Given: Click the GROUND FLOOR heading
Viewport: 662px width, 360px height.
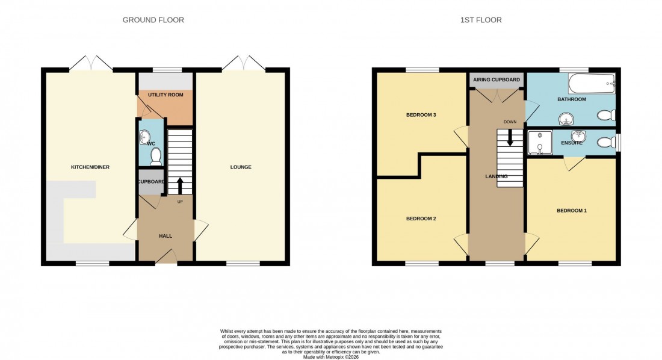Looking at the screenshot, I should [x=153, y=20].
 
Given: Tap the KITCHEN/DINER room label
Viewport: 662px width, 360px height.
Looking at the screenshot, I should [x=90, y=167].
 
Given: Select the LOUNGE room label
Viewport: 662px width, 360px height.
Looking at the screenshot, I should [x=240, y=167].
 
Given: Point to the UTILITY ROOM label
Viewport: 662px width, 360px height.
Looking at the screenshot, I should [x=165, y=95].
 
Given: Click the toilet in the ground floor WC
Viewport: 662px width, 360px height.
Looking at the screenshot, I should [x=156, y=156].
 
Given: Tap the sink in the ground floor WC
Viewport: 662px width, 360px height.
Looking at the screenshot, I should [x=143, y=138].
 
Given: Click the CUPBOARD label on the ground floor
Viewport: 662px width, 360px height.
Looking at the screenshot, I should [x=150, y=182].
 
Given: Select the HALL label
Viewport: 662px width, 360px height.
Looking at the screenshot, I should [x=165, y=236].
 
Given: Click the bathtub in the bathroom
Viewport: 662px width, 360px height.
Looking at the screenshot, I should [x=592, y=83].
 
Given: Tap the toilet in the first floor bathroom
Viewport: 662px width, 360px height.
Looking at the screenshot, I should [x=604, y=115].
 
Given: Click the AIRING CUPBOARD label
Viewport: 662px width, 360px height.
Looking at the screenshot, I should [x=496, y=79].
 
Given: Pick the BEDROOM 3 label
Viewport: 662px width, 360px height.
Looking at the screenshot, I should [x=421, y=114].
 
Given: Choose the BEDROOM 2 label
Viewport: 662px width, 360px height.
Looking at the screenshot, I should [x=421, y=219].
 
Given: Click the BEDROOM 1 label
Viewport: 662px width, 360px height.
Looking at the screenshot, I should [x=571, y=211].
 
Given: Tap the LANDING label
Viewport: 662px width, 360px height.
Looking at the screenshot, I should [x=496, y=176].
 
